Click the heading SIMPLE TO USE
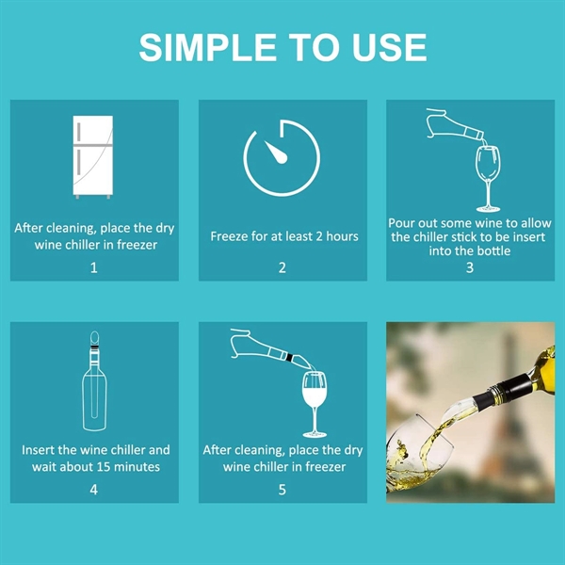tap(282, 47)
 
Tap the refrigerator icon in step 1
tap(93, 157)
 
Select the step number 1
tap(93, 267)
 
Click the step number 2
tap(282, 267)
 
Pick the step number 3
tap(470, 267)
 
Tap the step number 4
tap(93, 490)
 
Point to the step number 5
tap(282, 490)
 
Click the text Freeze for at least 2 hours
tap(283, 236)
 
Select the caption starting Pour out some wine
tap(470, 237)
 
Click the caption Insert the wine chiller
tap(95, 459)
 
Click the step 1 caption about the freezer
tap(93, 236)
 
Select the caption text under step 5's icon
tap(283, 459)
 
